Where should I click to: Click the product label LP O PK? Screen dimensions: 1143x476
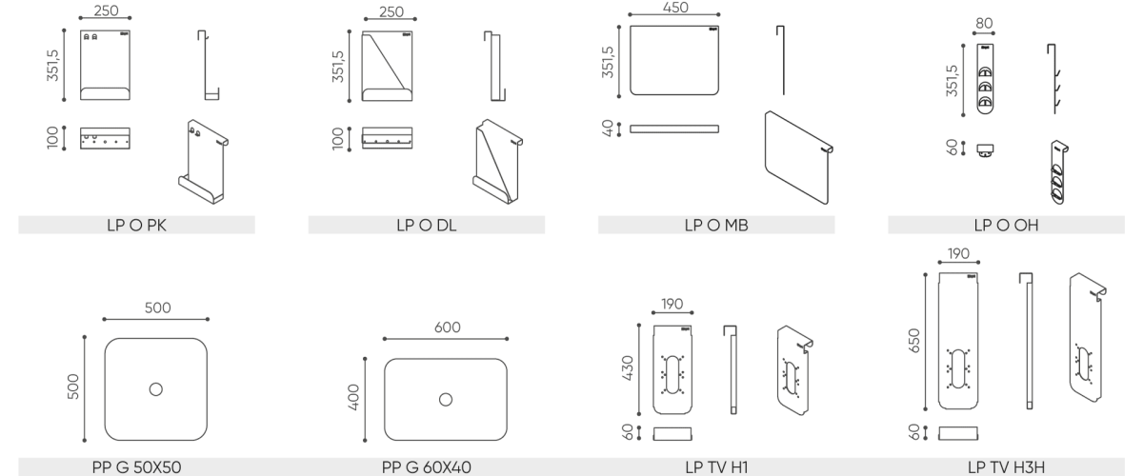(137, 225)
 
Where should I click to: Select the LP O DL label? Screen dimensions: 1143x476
(427, 225)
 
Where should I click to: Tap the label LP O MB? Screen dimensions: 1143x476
(716, 225)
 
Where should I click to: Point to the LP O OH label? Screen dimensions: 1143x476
(1006, 225)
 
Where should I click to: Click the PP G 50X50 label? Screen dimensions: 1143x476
(137, 467)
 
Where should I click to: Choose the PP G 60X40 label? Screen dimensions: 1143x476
(427, 467)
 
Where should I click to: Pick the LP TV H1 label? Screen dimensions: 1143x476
(716, 467)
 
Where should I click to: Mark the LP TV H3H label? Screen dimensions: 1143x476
(1006, 467)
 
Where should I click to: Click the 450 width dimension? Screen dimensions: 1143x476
(675, 8)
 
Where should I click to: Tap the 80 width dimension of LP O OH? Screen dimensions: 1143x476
(984, 24)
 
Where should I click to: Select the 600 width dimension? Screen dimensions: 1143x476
(447, 327)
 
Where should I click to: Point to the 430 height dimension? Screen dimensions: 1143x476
(628, 368)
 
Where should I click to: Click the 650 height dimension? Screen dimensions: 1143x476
(913, 341)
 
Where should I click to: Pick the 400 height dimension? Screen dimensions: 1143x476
(353, 397)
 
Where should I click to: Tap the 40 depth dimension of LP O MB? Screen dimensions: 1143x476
(608, 129)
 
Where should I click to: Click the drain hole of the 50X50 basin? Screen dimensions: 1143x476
(155, 389)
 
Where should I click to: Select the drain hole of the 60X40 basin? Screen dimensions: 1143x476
(446, 400)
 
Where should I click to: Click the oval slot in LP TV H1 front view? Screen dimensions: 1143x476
(672, 374)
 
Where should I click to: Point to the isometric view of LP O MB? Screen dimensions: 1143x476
(798, 158)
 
